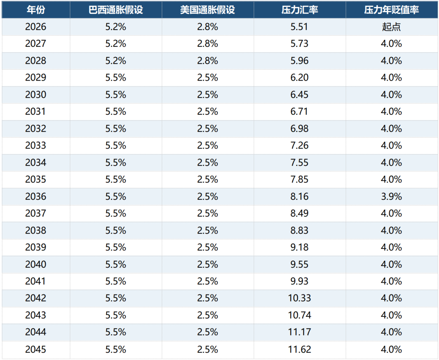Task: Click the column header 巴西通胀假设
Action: pos(115,10)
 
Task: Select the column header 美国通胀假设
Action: pos(207,10)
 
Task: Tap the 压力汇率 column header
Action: pos(300,10)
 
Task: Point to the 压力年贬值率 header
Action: pos(391,10)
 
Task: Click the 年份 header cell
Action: pos(36,10)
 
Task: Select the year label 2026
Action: pos(35,26)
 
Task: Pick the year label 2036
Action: pos(35,196)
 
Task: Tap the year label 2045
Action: pos(35,349)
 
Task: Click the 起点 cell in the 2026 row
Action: pos(391,26)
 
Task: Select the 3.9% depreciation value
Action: pos(391,196)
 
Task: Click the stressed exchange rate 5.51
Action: pos(299,26)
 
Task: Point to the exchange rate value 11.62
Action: pos(300,349)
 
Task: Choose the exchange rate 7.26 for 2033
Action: pos(299,145)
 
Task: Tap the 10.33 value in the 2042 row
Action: pos(300,298)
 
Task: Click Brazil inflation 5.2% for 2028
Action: pos(115,61)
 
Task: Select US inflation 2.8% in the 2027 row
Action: pos(207,44)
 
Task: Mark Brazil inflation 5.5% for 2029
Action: pos(115,77)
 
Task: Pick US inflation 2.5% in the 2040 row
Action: pos(207,264)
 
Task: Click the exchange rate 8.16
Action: pos(299,196)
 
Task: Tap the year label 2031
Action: pos(35,111)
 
